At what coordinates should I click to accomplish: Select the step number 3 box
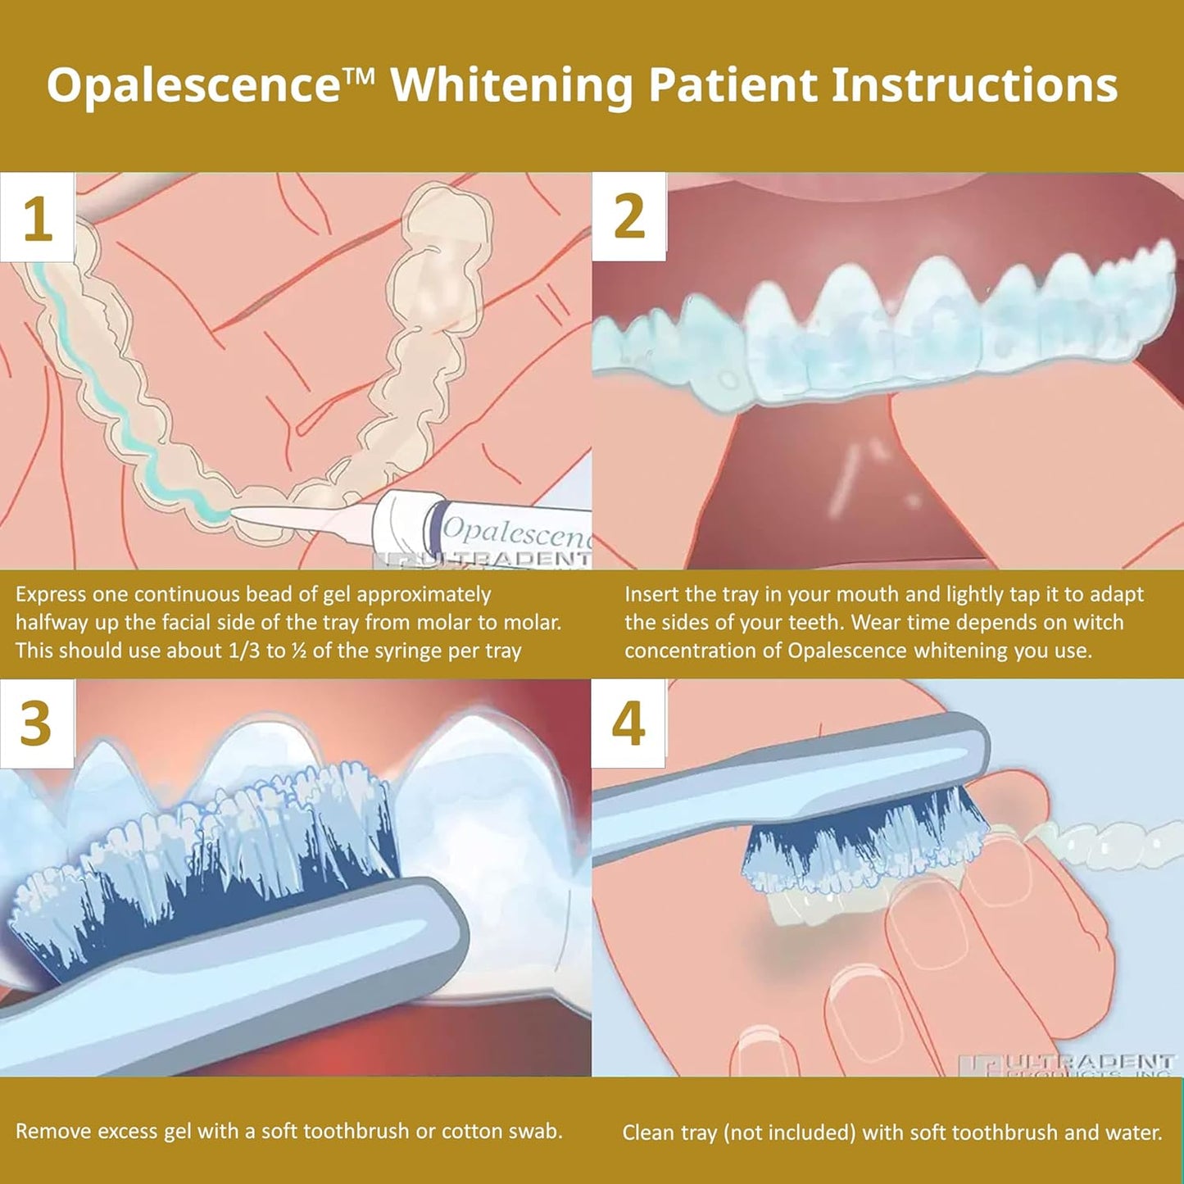[37, 724]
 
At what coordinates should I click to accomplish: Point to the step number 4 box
[628, 724]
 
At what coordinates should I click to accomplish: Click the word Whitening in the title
[511, 85]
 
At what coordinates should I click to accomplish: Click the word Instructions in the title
[974, 85]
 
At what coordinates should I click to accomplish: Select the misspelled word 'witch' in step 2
[1098, 623]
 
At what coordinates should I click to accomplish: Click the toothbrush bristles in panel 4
[860, 844]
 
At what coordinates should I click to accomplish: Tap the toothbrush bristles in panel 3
[205, 860]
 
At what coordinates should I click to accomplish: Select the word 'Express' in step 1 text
[51, 595]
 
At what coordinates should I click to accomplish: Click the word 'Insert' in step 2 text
[652, 595]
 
